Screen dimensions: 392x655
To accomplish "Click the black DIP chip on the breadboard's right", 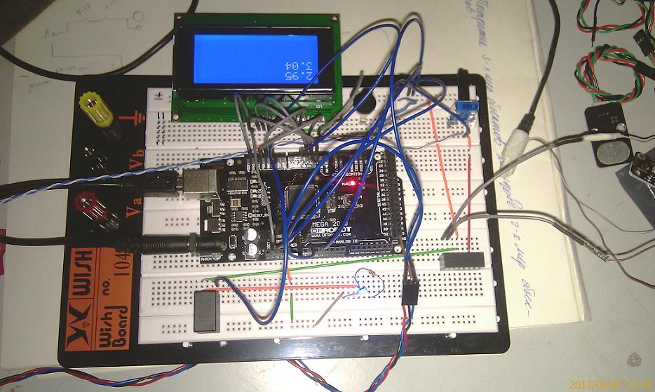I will tap(461, 259).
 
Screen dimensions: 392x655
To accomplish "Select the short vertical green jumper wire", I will tap(291, 306).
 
